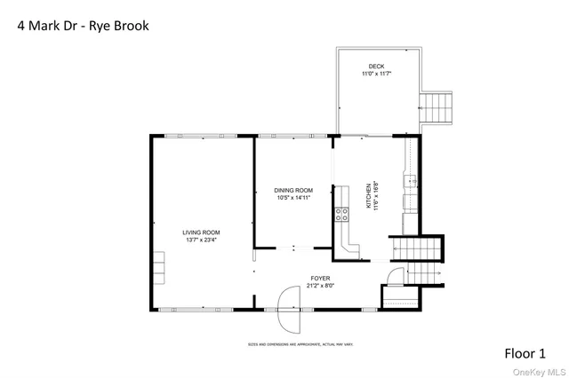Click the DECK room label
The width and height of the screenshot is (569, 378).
pos(378,67)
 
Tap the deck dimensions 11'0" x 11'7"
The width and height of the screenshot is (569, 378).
pos(378,75)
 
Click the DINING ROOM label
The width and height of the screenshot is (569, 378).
pos(293,190)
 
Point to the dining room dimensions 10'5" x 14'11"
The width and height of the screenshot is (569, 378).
pos(293,198)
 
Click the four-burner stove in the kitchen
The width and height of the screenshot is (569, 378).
pos(341,213)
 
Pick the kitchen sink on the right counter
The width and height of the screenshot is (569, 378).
pos(410,183)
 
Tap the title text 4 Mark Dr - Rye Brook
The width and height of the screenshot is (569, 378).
pos(84,26)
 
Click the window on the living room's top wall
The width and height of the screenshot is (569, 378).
pos(203,135)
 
